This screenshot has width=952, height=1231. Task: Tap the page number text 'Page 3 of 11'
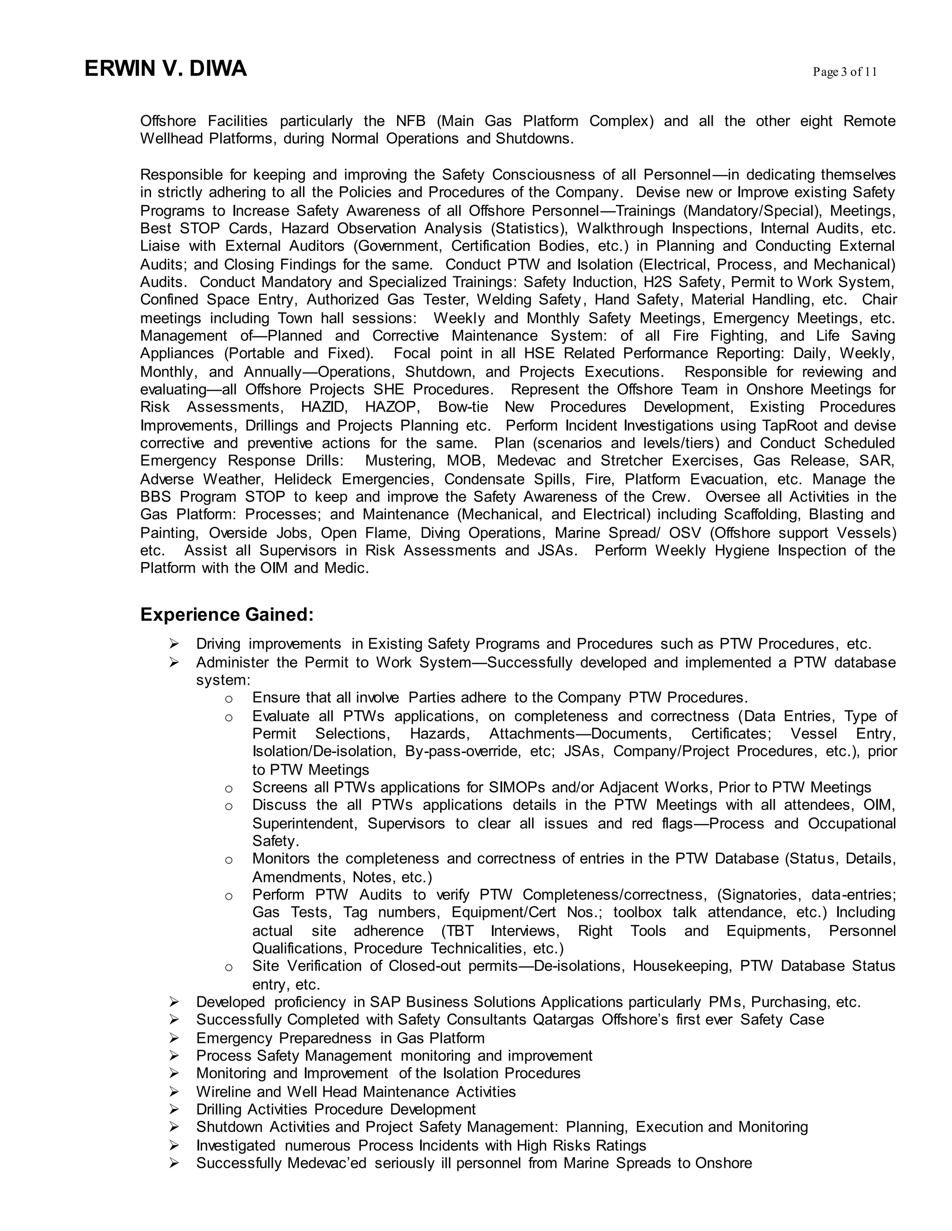844,72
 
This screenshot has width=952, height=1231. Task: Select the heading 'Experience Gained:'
226,615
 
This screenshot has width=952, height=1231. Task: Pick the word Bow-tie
463,407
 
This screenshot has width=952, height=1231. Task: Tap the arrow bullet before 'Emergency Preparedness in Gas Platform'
174,1037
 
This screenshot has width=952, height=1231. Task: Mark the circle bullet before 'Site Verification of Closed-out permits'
228,967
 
